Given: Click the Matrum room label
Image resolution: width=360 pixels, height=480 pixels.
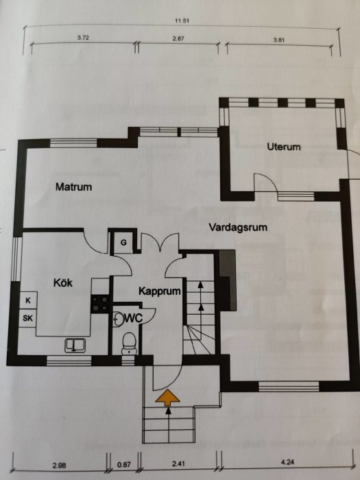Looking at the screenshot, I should pos(74,187).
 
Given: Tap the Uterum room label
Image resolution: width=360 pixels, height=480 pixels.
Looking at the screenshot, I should pos(285,147).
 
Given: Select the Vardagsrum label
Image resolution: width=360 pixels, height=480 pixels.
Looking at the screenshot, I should pos(239,226).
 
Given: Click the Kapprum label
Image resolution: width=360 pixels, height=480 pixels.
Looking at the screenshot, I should pos(159,291).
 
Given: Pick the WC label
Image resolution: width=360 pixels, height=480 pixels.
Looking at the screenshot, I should pos(133,317).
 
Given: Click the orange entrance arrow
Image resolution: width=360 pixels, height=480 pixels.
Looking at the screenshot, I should pos(167,396).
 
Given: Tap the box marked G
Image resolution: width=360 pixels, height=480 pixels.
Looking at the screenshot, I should pos(123,242).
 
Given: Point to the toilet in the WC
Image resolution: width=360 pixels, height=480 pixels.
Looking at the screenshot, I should pos(127,341).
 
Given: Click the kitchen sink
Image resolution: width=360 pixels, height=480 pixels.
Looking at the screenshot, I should pos(74,344).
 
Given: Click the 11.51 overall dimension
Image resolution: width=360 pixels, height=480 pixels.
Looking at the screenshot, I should pos(182,21).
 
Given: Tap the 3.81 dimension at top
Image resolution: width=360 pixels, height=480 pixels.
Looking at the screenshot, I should pos(278,40).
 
